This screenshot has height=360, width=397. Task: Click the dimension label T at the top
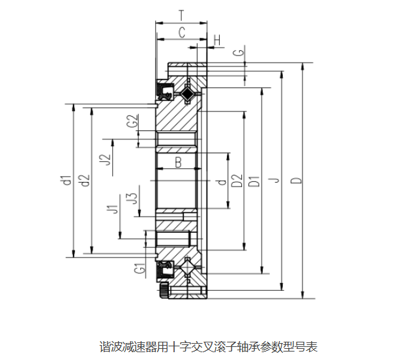click(x=181, y=14)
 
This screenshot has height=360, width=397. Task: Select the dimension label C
click(x=182, y=31)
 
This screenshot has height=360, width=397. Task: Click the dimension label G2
click(x=132, y=121)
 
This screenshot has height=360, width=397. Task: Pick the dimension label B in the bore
click(x=177, y=163)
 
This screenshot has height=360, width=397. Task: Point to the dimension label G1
click(x=138, y=268)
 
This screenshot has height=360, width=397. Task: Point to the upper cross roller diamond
click(x=188, y=94)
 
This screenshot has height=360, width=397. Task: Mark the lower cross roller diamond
click(x=188, y=268)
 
